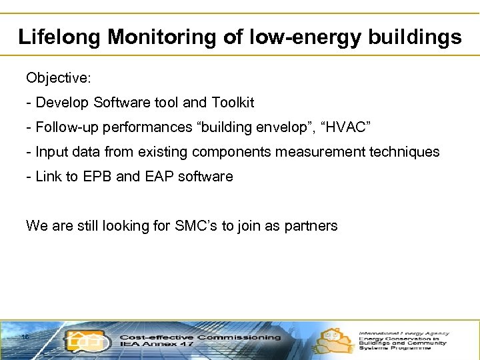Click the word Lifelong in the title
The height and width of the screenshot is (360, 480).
click(59, 37)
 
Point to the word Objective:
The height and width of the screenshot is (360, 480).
click(59, 78)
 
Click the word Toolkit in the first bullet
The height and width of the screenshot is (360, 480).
click(233, 103)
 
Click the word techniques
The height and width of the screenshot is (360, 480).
click(407, 152)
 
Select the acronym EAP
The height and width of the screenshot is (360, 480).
click(158, 177)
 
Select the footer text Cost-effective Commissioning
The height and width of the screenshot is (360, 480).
click(200, 337)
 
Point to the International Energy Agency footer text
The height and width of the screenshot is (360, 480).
click(404, 333)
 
